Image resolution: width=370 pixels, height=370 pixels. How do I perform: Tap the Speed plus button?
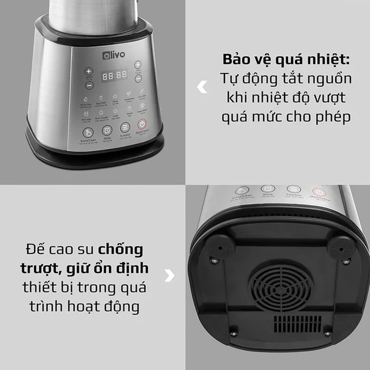click(89, 71)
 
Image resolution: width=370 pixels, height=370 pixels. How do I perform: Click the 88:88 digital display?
click(115, 75)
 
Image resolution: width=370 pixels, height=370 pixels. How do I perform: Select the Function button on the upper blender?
click(125, 127)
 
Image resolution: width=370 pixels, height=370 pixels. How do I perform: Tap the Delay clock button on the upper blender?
click(107, 130)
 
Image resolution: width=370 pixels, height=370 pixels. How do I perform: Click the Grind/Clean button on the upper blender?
click(88, 132)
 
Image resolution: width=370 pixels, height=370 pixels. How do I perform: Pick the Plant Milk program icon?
click(85, 99)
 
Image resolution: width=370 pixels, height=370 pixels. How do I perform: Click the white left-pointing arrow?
click(202, 87)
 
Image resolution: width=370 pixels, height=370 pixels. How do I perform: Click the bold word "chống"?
click(120, 250)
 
